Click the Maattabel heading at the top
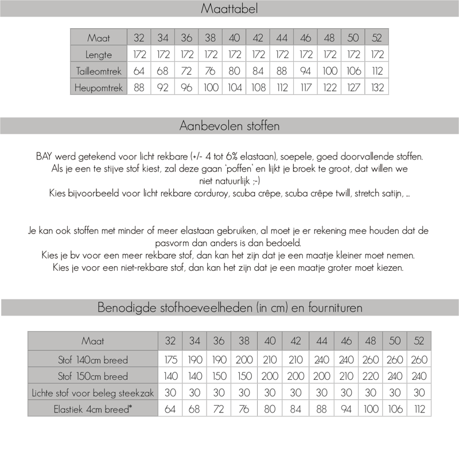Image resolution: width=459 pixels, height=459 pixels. pyautogui.click(x=229, y=9)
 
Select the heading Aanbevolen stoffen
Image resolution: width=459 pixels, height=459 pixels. pyautogui.click(x=229, y=126)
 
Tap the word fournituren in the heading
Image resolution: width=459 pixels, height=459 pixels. pyautogui.click(x=330, y=308)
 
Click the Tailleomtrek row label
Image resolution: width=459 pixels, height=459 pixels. pyautogui.click(x=99, y=71)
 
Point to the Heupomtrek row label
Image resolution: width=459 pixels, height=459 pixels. pyautogui.click(x=99, y=88)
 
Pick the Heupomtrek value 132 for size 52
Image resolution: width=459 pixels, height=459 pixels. pyautogui.click(x=377, y=88)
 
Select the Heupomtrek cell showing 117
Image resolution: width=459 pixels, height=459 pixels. pyautogui.click(x=306, y=88)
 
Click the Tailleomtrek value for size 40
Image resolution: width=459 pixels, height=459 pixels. pyautogui.click(x=234, y=71)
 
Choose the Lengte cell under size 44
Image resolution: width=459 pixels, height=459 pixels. pyautogui.click(x=282, y=55)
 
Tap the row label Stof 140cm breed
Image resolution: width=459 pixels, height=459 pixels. pyautogui.click(x=93, y=360)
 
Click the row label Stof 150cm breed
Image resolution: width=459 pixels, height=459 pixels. pyautogui.click(x=93, y=376)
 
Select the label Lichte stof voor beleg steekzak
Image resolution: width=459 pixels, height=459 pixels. pyautogui.click(x=93, y=392)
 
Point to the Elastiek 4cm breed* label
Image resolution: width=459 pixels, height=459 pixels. pyautogui.click(x=93, y=409)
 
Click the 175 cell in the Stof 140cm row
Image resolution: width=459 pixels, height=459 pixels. pyautogui.click(x=170, y=360)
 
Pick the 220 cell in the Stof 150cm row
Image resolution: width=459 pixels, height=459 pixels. pyautogui.click(x=371, y=376)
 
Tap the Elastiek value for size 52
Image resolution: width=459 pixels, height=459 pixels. pyautogui.click(x=419, y=409)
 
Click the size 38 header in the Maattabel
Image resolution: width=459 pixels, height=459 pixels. pyautogui.click(x=211, y=38)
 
